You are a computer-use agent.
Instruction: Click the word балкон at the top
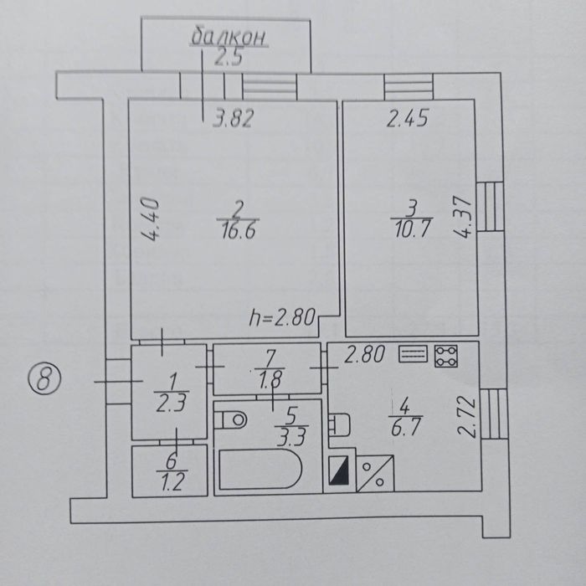coord(222,36)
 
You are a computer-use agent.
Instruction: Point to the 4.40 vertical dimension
coord(151,218)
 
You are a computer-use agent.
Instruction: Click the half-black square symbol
coord(339,473)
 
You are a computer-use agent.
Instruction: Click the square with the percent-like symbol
coord(373,474)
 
